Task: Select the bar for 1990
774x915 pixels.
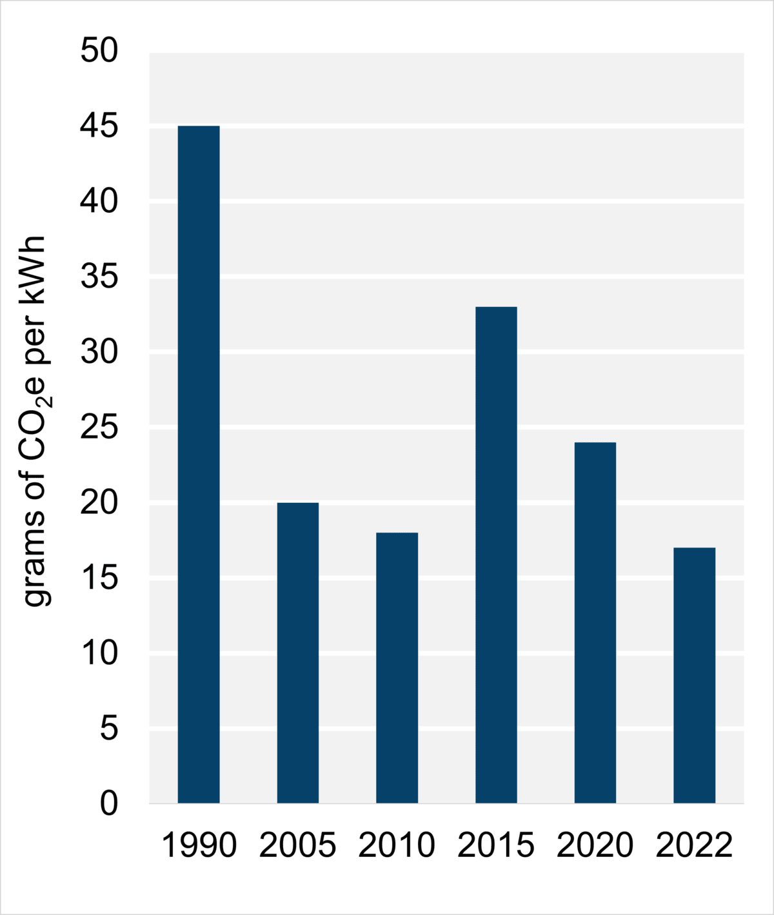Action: [199, 464]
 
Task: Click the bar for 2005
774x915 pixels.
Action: [298, 653]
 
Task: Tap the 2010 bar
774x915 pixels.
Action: [397, 667]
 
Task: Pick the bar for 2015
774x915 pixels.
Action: [496, 555]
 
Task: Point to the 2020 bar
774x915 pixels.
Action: [595, 622]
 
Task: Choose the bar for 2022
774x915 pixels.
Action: [694, 675]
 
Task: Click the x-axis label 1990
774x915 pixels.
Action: [199, 845]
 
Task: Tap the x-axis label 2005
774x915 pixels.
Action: [298, 845]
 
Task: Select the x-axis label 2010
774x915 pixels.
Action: [397, 845]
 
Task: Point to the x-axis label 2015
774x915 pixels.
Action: [496, 845]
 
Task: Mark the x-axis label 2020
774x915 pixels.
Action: [595, 845]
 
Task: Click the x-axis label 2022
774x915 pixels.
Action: [694, 845]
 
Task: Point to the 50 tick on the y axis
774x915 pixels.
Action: [99, 51]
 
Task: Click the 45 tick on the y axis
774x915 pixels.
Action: [99, 126]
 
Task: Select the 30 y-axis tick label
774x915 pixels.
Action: [99, 352]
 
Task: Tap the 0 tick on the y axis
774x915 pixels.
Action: [109, 803]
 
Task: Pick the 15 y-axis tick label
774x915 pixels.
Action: [99, 578]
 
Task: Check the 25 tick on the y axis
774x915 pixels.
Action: [99, 428]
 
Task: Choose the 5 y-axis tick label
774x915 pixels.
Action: [109, 729]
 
